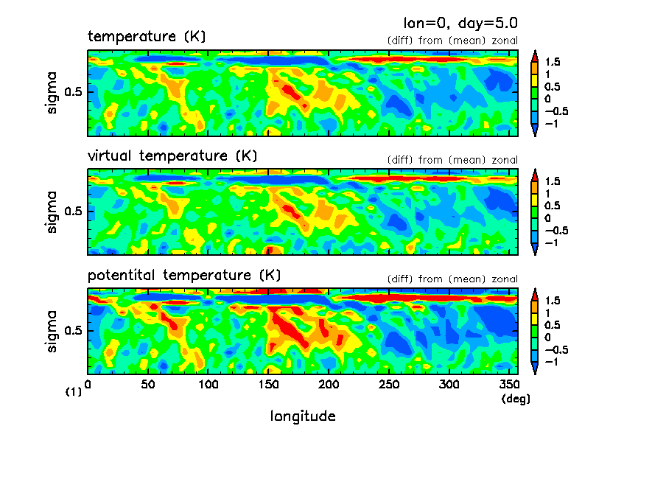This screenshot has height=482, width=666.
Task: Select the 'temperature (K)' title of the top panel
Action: [x=147, y=36]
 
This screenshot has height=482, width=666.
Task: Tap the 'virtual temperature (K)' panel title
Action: [x=172, y=156]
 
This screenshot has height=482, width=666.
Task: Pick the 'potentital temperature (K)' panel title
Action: [x=184, y=276]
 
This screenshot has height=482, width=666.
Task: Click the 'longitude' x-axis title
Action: [x=303, y=416]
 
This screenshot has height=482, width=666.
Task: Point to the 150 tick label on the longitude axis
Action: [x=269, y=385]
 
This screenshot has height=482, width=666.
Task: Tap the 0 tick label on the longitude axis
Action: [x=88, y=385]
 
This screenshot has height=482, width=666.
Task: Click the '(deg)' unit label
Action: [x=515, y=399]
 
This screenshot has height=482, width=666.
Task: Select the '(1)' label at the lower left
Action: [x=73, y=392]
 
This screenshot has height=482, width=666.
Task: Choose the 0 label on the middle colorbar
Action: [x=547, y=218]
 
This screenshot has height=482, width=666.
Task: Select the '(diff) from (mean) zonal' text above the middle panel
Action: [x=452, y=160]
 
